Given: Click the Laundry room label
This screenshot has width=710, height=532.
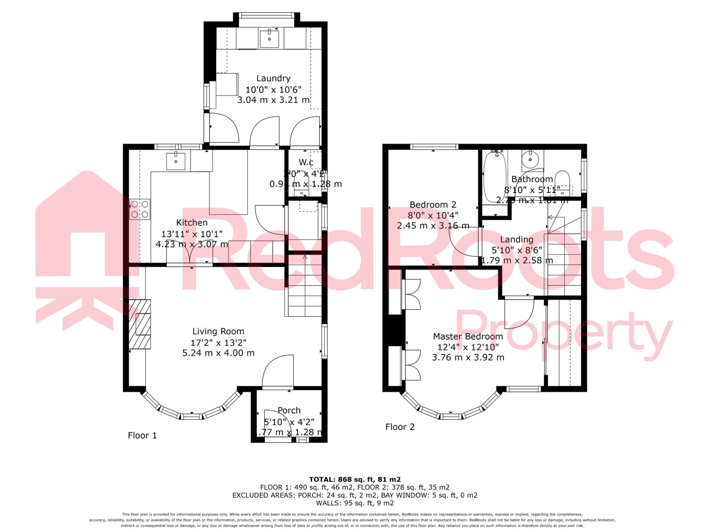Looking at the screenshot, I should (x=273, y=78).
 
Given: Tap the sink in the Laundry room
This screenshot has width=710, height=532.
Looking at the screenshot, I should (x=269, y=39).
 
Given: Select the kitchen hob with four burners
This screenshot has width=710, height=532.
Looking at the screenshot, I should (x=140, y=209).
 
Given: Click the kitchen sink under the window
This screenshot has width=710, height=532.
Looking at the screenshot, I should (x=176, y=161).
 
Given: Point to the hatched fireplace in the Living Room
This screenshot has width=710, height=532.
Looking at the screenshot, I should (x=140, y=324).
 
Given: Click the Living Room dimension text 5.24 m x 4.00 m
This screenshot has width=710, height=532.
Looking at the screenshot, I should (x=218, y=353).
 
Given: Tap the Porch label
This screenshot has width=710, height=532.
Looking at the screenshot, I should (x=289, y=410).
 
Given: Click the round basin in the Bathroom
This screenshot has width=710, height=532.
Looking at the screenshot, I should (x=530, y=160).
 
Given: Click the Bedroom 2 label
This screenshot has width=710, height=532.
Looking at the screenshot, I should (x=433, y=205).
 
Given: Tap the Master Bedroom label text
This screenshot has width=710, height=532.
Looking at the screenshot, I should (x=468, y=336).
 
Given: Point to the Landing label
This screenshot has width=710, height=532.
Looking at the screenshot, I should (x=517, y=239).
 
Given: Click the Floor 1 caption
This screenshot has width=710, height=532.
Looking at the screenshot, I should (x=142, y=435).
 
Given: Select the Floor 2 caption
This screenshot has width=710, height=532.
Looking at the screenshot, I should (x=400, y=427).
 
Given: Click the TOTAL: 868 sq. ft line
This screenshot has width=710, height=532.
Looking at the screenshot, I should (x=355, y=479).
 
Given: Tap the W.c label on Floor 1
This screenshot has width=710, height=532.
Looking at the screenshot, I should (x=306, y=162).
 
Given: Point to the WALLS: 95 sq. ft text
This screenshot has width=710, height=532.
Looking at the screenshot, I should (x=355, y=503).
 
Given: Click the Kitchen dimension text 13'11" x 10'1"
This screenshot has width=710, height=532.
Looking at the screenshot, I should (x=192, y=234).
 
